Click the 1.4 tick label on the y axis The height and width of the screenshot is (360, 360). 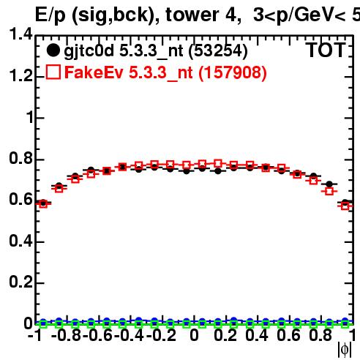[x=20, y=34]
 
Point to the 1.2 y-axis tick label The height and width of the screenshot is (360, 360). [x=20, y=75]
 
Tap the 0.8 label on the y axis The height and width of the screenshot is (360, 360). [x=20, y=158]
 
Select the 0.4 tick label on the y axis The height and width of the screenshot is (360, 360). [x=20, y=241]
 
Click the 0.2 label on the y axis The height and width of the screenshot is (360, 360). [x=20, y=282]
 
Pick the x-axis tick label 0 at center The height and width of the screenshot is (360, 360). [x=194, y=335]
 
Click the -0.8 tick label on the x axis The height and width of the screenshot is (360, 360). [x=66, y=335]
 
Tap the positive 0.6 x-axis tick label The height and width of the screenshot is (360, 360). [x=288, y=335]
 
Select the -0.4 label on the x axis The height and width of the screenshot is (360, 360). [x=130, y=335]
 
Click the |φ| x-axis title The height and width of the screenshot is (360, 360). [x=345, y=350]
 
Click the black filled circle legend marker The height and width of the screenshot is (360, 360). [x=53, y=50]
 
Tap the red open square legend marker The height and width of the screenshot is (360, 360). [x=53, y=72]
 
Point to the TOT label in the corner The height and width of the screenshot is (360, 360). [x=326, y=50]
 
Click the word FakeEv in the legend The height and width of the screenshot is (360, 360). [x=94, y=72]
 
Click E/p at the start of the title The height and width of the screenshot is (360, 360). [x=50, y=15]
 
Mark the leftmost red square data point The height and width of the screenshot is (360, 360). [x=43, y=204]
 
